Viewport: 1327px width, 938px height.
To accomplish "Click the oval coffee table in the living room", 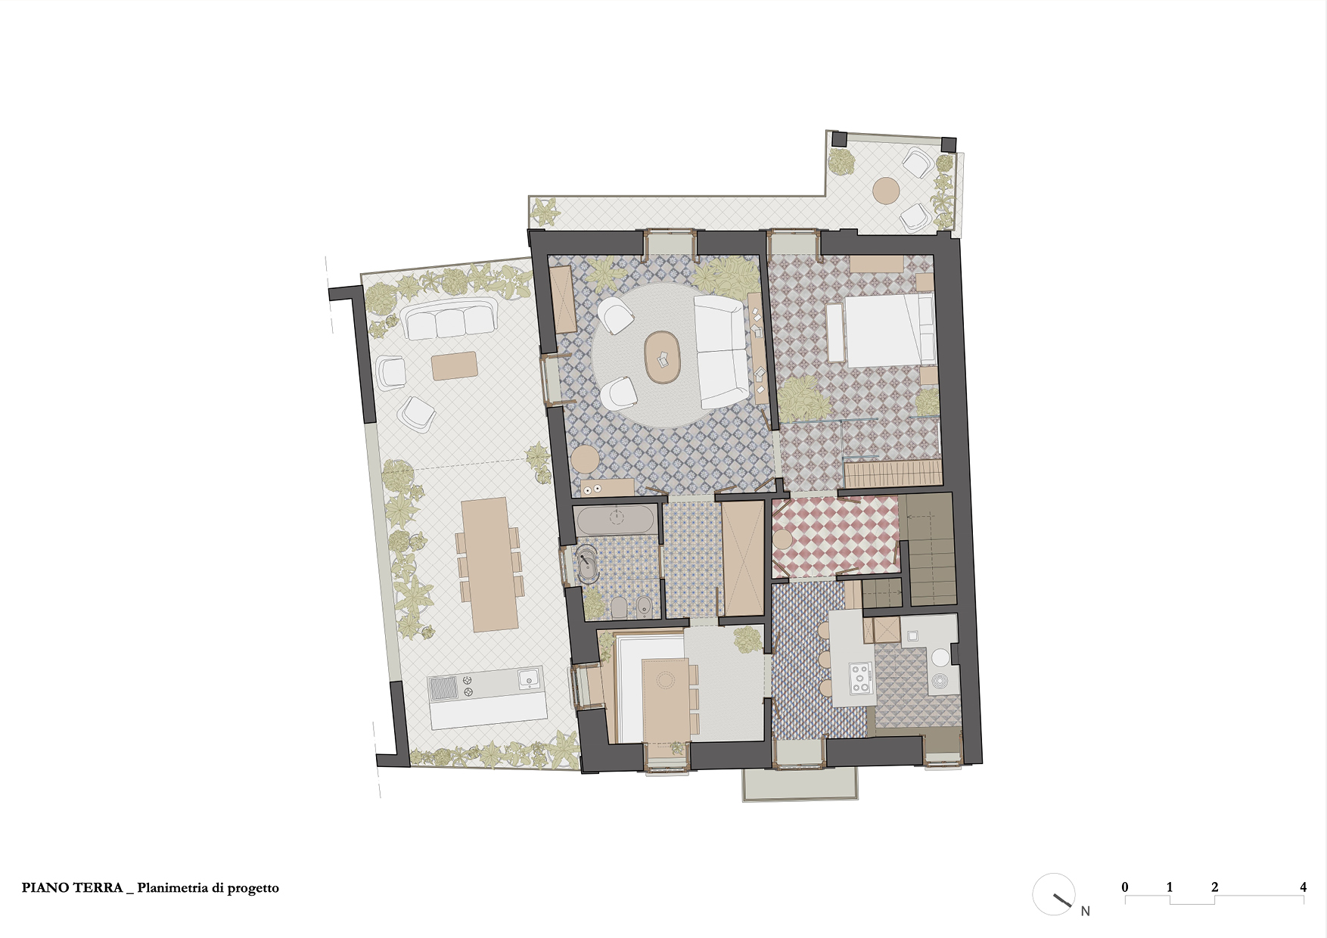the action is click(663, 359).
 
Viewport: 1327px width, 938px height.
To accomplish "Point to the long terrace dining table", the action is click(489, 564).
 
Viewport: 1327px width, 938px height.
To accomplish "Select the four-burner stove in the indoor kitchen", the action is click(860, 678).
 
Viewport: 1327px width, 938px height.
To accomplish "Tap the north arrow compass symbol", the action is click(1055, 894).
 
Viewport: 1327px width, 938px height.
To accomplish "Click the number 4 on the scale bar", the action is click(1304, 887).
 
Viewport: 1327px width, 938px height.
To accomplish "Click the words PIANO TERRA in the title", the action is click(72, 888).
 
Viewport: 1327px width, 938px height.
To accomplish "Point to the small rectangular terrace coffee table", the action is click(454, 365).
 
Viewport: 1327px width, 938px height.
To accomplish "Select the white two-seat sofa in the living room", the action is click(719, 352).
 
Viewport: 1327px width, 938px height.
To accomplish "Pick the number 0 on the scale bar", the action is click(1125, 887).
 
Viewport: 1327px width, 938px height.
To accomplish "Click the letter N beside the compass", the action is click(1086, 911).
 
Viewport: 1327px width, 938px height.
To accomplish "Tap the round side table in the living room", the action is click(585, 459).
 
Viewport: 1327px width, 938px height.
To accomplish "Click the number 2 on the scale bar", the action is click(1214, 887).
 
